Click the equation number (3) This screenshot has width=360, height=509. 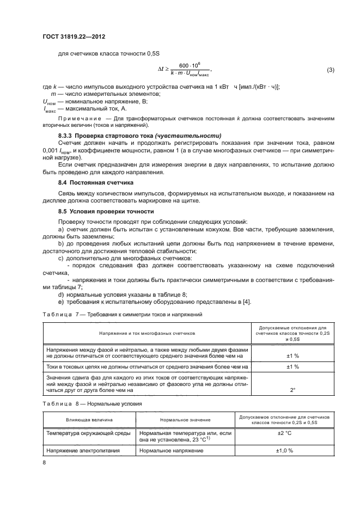[330, 71]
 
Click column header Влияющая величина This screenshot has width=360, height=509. [90, 420]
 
